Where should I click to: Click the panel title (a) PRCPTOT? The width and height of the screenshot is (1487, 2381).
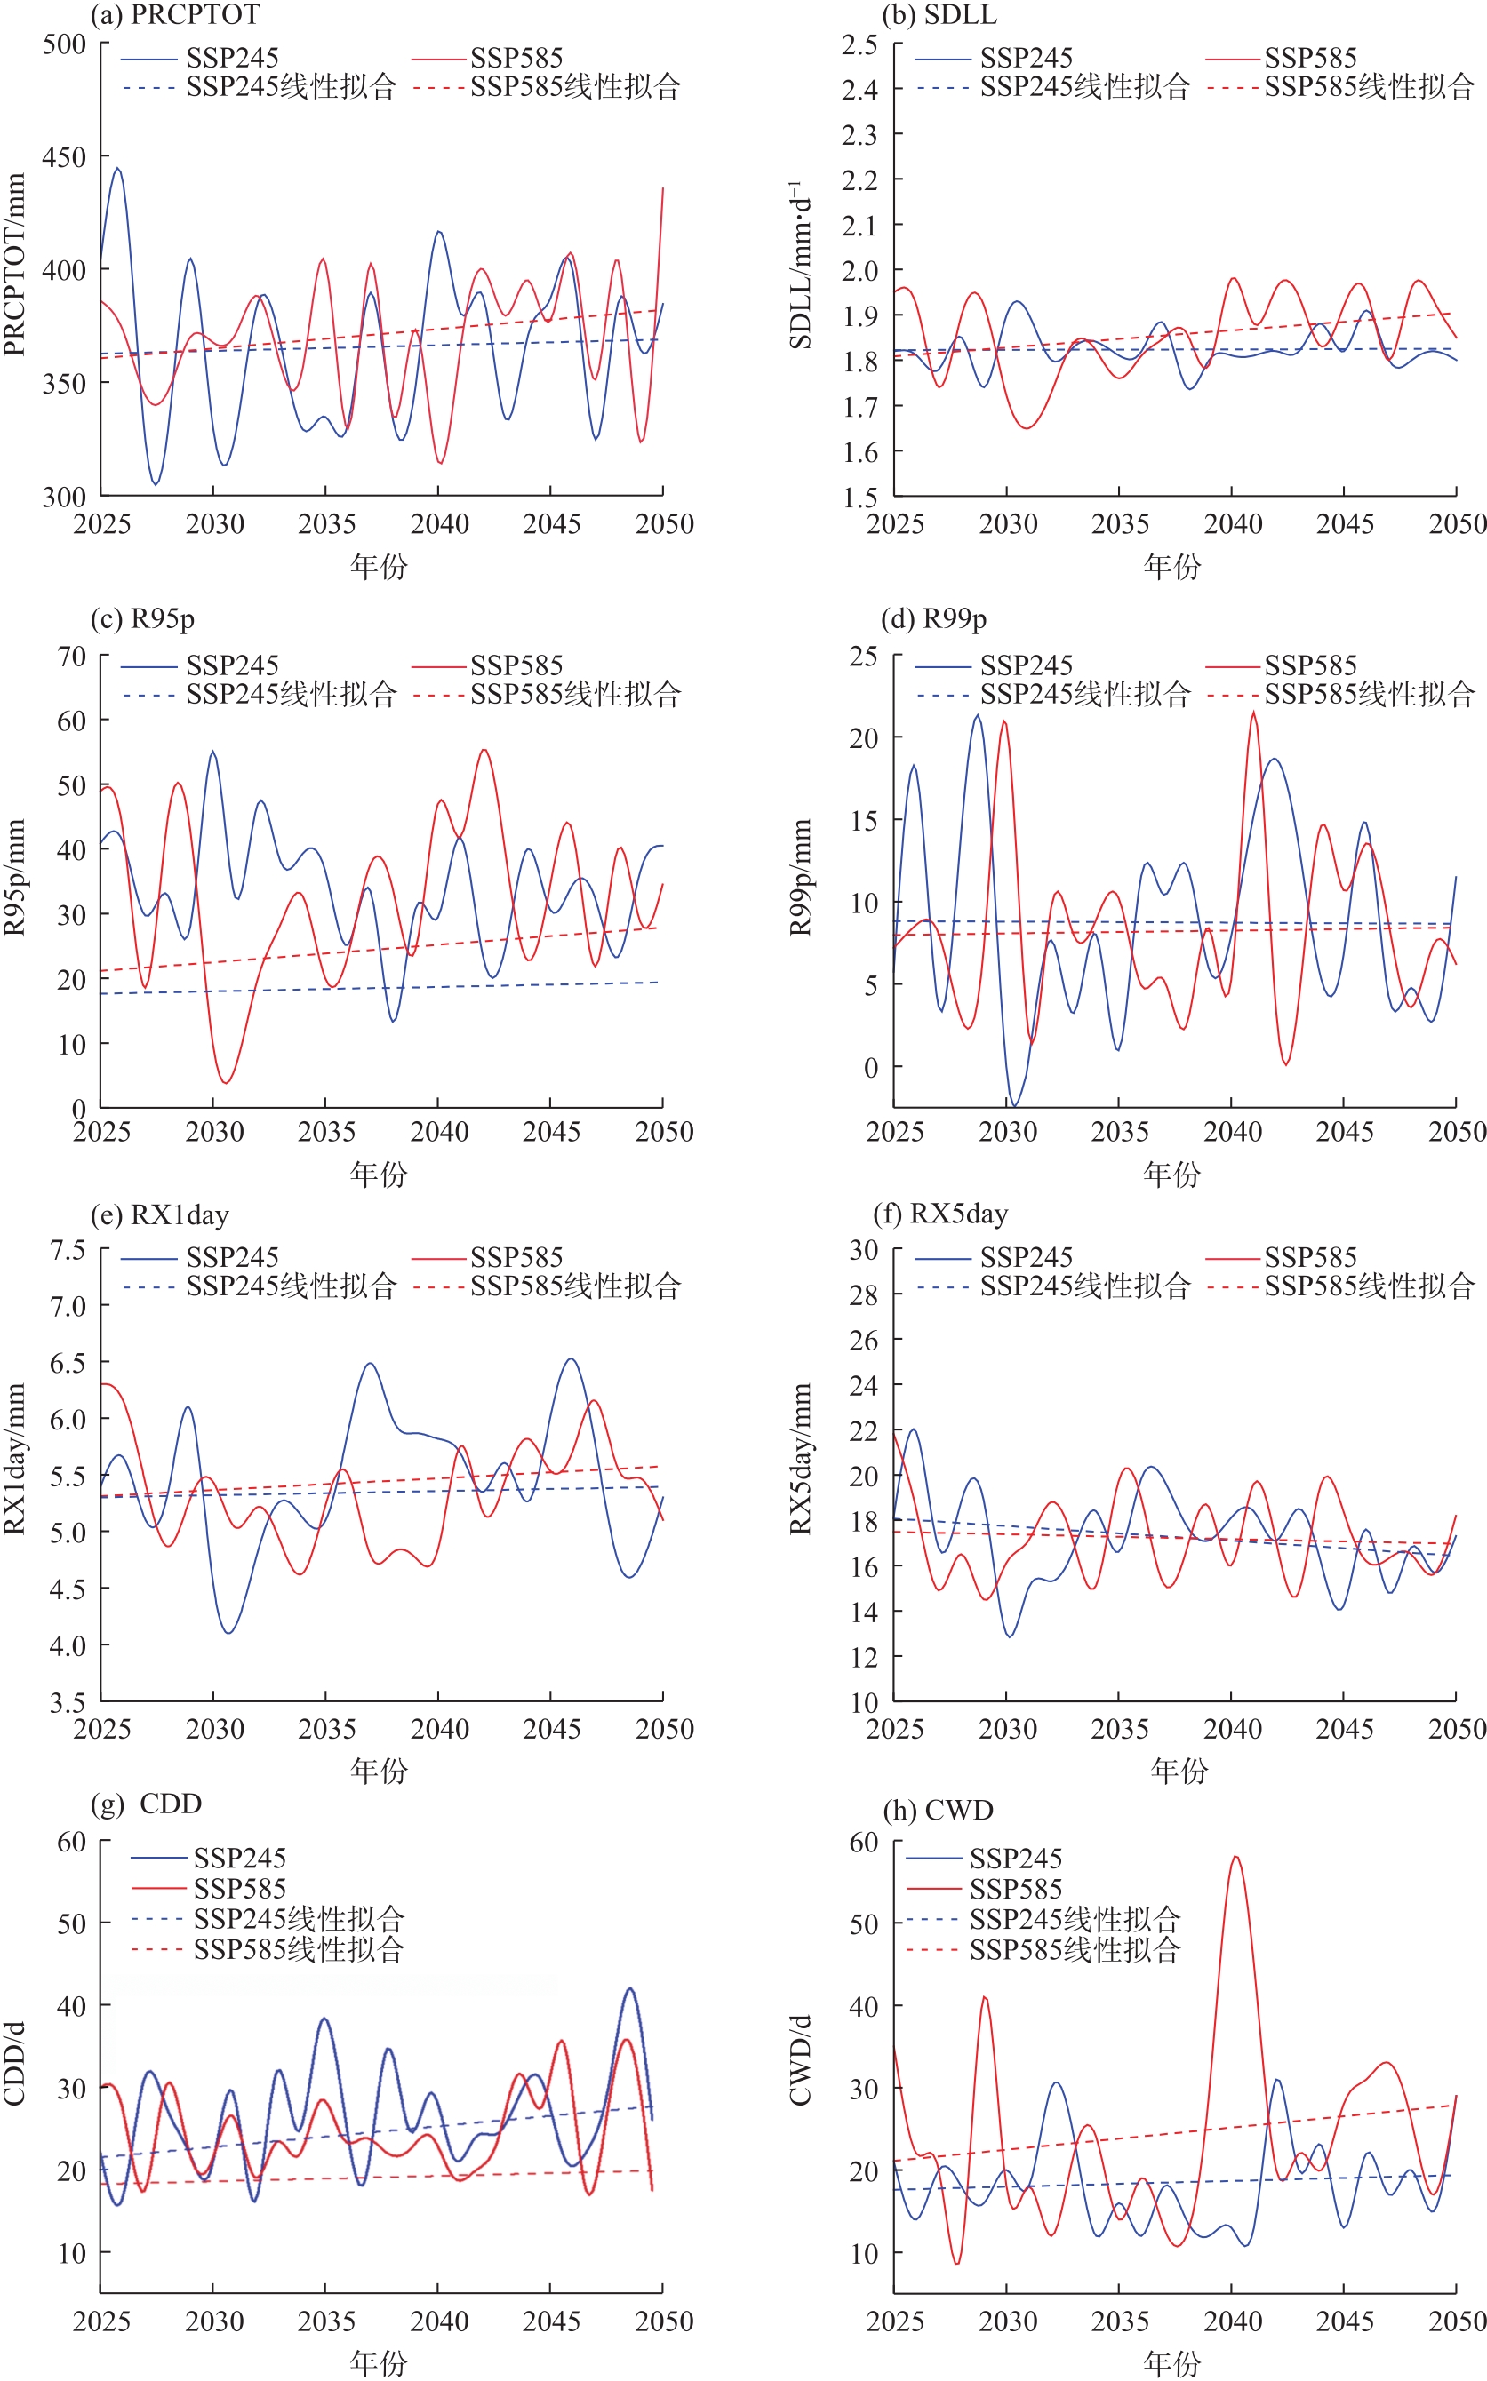[175, 15]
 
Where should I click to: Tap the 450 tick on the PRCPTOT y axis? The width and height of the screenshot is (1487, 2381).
[64, 157]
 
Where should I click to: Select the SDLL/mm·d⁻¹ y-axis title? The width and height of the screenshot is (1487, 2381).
[802, 267]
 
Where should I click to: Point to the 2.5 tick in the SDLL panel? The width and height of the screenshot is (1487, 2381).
[859, 44]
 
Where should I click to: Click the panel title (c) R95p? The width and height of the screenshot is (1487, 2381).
[142, 619]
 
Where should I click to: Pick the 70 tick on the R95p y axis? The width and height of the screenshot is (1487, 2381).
[72, 657]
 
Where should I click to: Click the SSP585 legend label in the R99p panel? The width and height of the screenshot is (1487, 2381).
[1310, 665]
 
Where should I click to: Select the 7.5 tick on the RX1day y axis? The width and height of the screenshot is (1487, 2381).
[68, 1250]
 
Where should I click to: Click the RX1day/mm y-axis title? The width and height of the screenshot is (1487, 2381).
[15, 1458]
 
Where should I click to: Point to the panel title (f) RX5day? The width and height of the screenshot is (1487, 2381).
[940, 1214]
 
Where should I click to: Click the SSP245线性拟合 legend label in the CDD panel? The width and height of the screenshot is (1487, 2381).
[298, 1918]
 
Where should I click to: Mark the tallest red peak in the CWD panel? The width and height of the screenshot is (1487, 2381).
[1235, 1857]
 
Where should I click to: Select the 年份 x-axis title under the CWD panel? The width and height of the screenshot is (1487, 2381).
[1171, 2362]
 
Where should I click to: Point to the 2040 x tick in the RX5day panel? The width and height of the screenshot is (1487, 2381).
[1232, 1729]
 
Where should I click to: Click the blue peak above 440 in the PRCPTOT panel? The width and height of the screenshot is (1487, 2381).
[118, 169]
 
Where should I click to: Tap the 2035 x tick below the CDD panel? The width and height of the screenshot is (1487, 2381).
[325, 2321]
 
